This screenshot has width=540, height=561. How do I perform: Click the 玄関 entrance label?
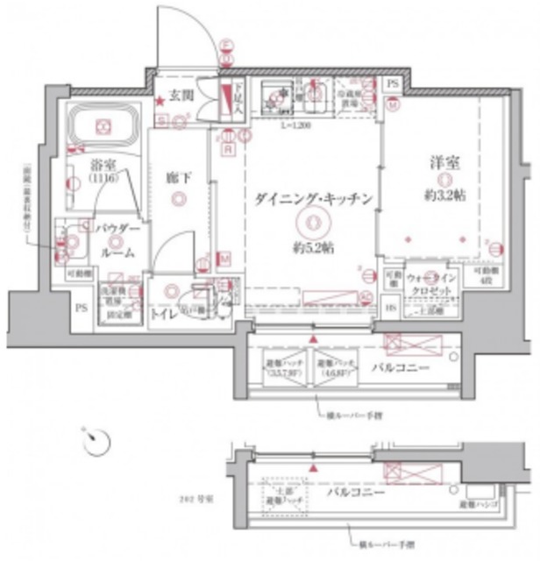pyautogui.click(x=181, y=95)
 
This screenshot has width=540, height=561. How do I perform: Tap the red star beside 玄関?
pyautogui.click(x=160, y=102)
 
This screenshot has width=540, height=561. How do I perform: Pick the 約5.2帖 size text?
pyautogui.click(x=313, y=249)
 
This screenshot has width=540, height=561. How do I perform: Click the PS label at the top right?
pyautogui.click(x=392, y=84)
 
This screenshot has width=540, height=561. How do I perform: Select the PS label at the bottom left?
pyautogui.click(x=82, y=308)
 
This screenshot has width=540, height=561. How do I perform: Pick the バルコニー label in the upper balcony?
pyautogui.click(x=400, y=366)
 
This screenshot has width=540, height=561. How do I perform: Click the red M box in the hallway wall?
pyautogui.click(x=224, y=259)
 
